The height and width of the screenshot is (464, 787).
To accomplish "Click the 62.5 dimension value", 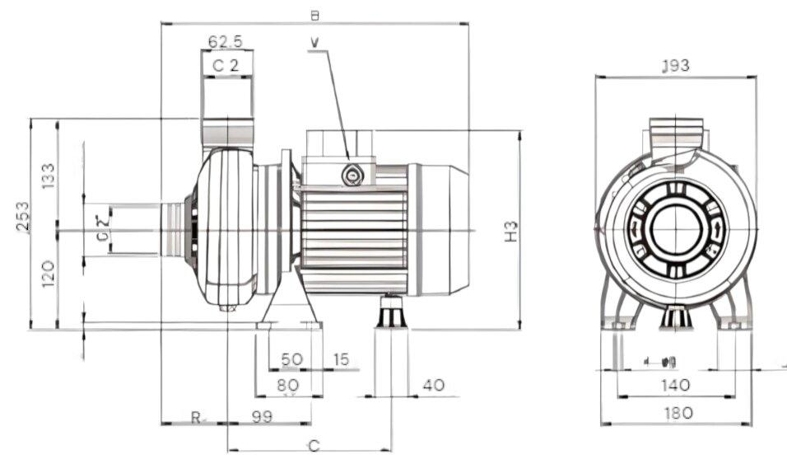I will point(225,40).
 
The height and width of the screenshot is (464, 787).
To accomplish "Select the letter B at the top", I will point(314,15).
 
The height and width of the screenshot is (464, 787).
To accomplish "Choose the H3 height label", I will point(510,231).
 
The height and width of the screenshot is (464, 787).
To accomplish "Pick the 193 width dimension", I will point(675,66).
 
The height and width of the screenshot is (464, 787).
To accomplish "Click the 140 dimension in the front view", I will point(675,384).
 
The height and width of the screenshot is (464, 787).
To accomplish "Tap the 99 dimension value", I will point(262,417).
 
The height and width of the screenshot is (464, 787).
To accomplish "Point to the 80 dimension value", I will point(287,385).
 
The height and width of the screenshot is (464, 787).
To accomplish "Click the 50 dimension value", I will point(291,360).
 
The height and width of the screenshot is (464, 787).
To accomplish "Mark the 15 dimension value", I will point(341,360).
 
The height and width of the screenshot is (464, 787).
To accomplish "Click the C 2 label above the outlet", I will point(226,65).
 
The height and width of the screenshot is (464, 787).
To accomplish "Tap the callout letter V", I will point(316,40).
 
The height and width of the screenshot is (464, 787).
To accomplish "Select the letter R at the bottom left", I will point(195,417).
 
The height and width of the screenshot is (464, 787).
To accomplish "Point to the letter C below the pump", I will point(313,446).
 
